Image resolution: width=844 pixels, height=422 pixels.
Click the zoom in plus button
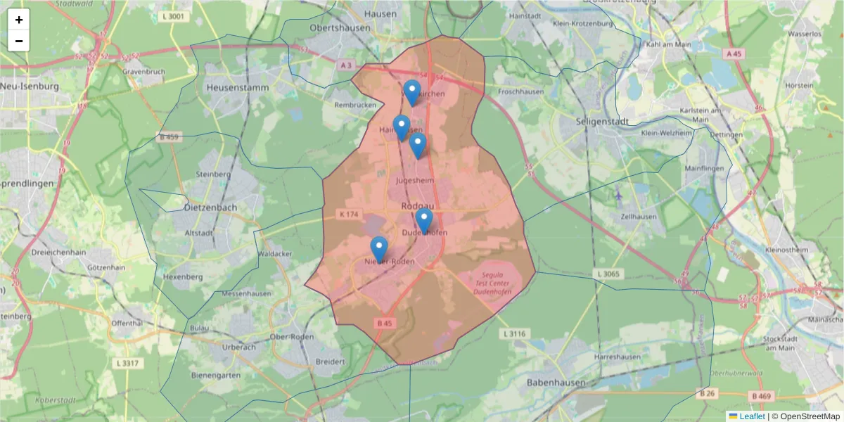19,20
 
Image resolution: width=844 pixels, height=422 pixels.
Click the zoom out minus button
19,41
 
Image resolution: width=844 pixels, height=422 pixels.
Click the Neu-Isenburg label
29,86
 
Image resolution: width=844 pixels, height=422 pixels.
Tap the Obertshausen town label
342,27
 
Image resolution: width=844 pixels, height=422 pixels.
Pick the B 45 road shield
383,323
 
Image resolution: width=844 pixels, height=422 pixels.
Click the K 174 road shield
348,213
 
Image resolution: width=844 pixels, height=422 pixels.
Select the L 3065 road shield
607,273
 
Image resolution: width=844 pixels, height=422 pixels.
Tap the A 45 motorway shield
734,53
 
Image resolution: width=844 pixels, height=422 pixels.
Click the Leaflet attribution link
752,416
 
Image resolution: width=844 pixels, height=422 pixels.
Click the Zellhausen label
637,217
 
